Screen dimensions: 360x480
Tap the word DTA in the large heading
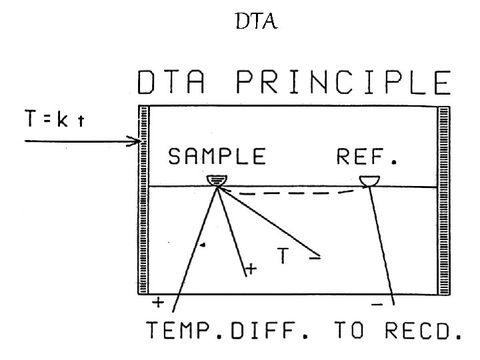click(176, 85)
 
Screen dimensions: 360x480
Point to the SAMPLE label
click(217, 157)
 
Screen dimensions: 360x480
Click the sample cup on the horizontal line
click(217, 181)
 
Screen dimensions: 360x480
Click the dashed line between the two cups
click(293, 193)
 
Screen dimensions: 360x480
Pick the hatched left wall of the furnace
click(143, 200)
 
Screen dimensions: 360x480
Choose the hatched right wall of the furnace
click(443, 200)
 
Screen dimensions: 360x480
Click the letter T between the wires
click(283, 256)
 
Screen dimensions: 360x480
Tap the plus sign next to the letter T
click(251, 269)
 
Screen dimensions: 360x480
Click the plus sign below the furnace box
click(159, 303)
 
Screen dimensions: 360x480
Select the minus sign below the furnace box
click(377, 304)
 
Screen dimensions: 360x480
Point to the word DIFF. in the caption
click(272, 333)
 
